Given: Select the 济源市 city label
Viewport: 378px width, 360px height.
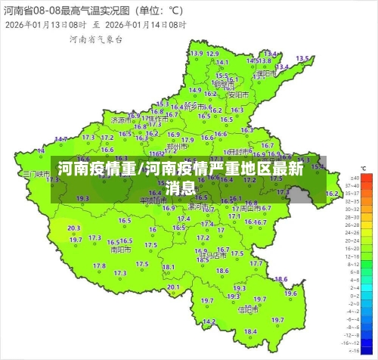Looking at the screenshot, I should pyautogui.click(x=120, y=119).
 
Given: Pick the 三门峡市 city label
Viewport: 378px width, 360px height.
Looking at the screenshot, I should pyautogui.click(x=36, y=173).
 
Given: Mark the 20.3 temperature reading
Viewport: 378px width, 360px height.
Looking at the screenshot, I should pyautogui.click(x=74, y=228).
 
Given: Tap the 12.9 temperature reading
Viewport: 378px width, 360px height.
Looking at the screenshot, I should pyautogui.click(x=197, y=54).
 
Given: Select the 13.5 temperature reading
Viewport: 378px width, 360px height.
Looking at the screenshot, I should pyautogui.click(x=302, y=58).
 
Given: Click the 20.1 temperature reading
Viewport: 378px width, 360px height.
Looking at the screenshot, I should pyautogui.click(x=174, y=287).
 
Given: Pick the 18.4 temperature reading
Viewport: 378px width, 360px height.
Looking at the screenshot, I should pyautogui.click(x=250, y=331).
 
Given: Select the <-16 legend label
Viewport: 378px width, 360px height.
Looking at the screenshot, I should pyautogui.click(x=352, y=350).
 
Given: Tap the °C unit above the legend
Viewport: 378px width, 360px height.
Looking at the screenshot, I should pyautogui.click(x=364, y=168).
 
